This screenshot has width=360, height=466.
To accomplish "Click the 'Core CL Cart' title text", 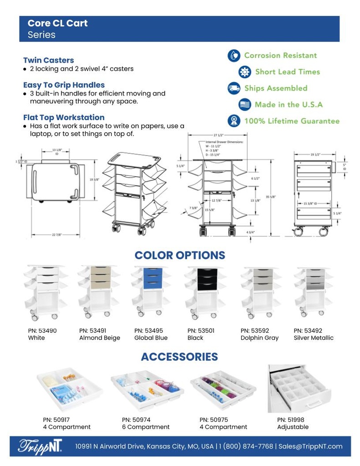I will coord(57,23).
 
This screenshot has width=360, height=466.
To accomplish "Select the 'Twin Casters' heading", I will coord(48,60).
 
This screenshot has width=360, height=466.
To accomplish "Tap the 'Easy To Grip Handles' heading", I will coord(64,85).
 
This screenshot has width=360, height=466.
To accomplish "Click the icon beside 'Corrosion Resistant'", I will coord(234,56).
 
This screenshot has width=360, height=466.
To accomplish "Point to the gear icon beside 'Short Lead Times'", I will coord(245,72).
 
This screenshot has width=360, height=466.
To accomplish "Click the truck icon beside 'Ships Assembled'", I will coord(234,88).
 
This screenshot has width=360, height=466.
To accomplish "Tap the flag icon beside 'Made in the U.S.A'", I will coord(245,105).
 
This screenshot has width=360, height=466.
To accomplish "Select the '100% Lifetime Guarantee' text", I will coord(292,121).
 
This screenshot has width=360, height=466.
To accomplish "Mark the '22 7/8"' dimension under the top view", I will coord(56,235).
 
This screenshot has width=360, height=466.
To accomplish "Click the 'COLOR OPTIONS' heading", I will coord(180,255).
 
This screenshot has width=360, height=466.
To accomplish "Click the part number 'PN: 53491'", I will coord(93,331).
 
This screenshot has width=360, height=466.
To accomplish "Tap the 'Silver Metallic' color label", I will coord(314,338).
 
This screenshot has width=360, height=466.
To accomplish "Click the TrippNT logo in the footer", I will coord(40,446).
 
